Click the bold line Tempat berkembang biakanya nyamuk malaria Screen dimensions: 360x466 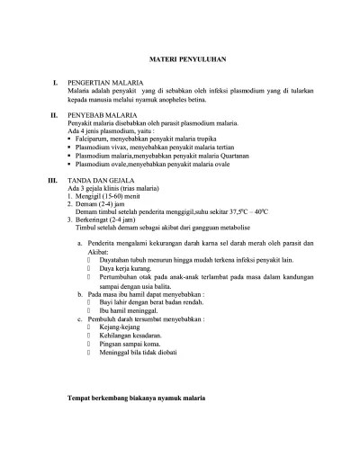[145, 396]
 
